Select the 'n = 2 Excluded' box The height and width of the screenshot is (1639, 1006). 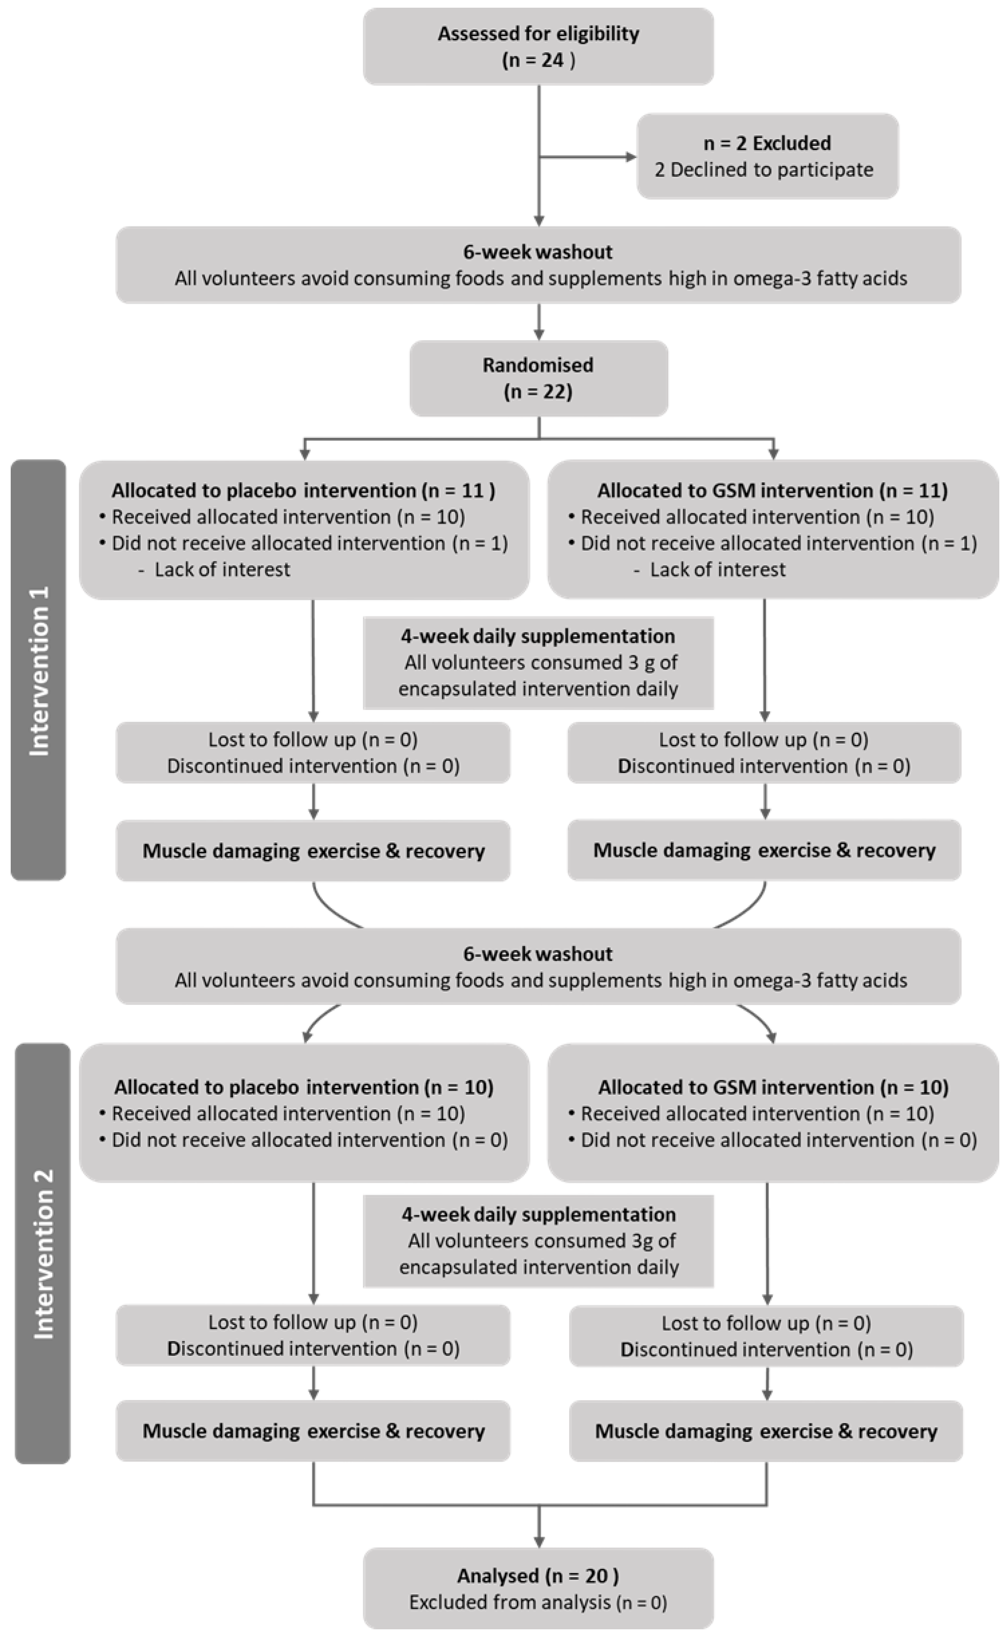[767, 156]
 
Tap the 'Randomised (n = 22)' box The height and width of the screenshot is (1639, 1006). [538, 378]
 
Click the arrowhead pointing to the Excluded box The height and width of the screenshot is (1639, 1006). [631, 157]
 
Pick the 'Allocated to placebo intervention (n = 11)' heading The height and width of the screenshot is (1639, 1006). [303, 490]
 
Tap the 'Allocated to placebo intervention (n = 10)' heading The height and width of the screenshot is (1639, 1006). [303, 1087]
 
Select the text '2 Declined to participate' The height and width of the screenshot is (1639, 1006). [764, 170]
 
